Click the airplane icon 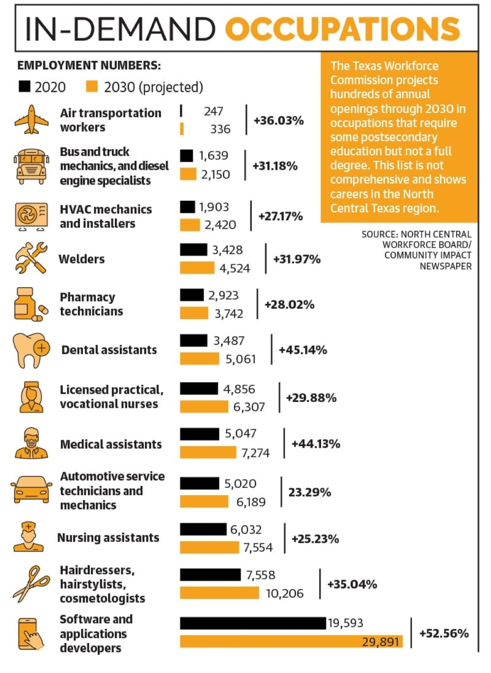coord(31,119)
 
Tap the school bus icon coord(31,167)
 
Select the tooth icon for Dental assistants coord(31,350)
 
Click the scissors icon coord(31,584)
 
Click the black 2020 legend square coord(25,86)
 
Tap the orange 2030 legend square coord(92,86)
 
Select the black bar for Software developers coord(253,623)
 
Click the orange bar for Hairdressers coord(219,593)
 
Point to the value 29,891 coord(381,642)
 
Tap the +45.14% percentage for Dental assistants coord(303,350)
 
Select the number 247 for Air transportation coord(214,111)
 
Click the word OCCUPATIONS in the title coord(343,29)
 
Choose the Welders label coord(82,259)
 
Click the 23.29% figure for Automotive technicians coord(310,492)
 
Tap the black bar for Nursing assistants coord(203,529)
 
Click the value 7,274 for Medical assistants coord(256,453)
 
